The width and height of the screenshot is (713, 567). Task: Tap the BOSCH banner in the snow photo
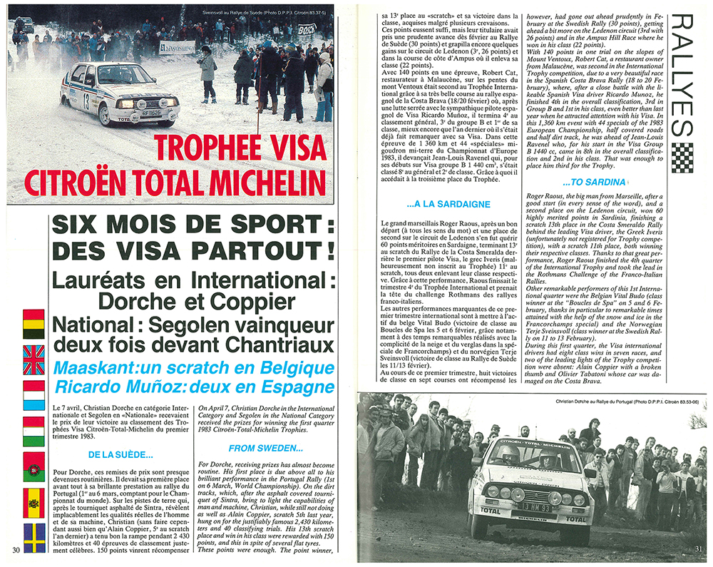click(306, 30)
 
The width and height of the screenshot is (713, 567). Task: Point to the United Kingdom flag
click(34, 360)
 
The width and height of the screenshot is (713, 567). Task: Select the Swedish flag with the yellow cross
click(34, 538)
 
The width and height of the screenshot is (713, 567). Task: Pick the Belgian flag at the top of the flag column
click(34, 324)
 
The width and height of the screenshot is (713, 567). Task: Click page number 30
click(16, 548)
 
